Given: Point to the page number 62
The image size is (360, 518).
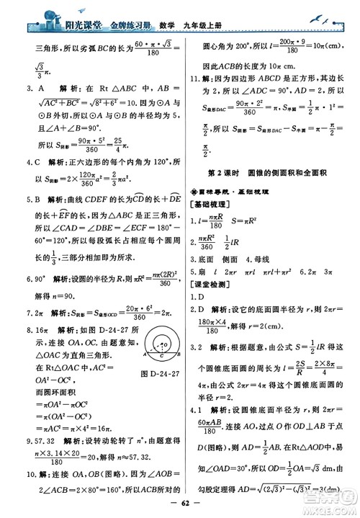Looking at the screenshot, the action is click(x=180, y=505).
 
